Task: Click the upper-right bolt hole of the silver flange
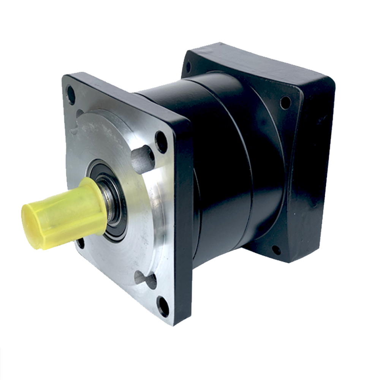click(x=161, y=141)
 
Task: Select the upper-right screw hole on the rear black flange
click(x=285, y=102)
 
